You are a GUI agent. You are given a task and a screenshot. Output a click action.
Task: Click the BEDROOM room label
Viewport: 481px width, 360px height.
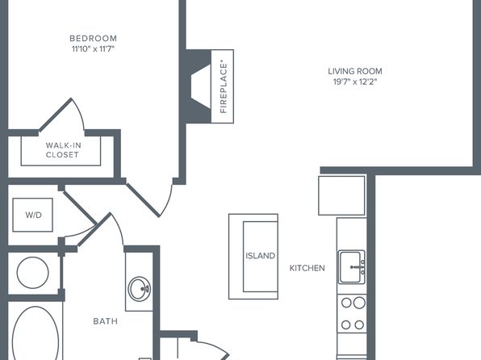pos(94,39)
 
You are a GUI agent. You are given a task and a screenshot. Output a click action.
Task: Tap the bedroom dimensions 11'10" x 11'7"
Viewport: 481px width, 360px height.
pos(94,48)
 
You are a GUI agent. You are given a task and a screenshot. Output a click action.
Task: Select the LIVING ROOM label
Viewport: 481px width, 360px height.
pos(355,71)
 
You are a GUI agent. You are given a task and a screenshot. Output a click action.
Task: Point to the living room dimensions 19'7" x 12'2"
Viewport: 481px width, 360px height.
pos(355,82)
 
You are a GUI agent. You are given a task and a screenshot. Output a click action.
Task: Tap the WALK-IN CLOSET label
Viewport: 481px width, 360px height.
pos(63,150)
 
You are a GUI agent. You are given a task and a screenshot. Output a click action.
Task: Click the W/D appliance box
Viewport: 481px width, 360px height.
pos(33,215)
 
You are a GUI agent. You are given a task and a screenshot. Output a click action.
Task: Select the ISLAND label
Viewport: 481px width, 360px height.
pos(260,256)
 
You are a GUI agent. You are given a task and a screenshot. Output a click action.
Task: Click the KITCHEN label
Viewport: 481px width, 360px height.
pos(307,268)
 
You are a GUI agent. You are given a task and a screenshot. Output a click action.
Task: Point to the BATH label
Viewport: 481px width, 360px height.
pos(105,321)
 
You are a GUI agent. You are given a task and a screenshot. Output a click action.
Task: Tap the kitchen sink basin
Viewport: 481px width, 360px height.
pos(350,267)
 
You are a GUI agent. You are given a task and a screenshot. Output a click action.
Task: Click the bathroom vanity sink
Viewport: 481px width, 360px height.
pos(140,289)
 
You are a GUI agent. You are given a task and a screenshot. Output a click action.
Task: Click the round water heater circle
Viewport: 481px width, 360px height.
pos(33,273)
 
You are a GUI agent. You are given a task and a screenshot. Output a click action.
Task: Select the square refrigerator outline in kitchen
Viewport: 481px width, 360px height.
pos(341,195)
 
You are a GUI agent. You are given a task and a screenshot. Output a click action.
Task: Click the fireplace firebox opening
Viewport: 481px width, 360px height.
pos(201,86)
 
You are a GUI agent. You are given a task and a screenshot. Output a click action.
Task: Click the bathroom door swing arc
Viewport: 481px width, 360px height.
pos(119,228)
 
